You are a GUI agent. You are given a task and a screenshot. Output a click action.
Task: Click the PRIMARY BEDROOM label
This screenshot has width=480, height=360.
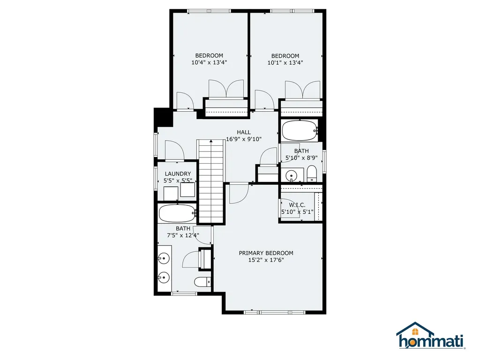click(266, 253)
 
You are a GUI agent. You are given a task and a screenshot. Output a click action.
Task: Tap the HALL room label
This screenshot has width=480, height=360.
click(244, 132)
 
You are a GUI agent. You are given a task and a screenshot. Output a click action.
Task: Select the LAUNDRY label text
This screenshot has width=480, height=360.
click(178, 174)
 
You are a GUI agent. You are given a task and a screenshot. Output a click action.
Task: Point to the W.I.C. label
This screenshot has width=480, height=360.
click(297, 205)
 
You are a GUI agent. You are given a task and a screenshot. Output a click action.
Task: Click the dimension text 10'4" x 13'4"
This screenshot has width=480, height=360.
click(209, 63)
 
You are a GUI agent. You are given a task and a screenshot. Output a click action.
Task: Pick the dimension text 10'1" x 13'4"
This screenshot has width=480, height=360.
click(285, 63)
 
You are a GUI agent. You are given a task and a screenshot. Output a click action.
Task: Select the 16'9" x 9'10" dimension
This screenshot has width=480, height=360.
click(244, 139)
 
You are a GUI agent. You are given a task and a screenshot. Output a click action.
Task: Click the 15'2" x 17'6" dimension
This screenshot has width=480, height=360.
click(266, 260)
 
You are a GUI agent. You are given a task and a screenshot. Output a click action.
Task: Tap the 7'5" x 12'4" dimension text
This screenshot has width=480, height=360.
click(183, 235)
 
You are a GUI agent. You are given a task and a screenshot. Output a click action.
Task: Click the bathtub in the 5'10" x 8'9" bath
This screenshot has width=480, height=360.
click(300, 131)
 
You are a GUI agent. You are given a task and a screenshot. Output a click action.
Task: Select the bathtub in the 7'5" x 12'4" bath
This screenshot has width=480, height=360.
click(178, 213)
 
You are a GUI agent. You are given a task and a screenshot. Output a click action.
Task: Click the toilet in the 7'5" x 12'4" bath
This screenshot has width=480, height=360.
click(202, 282)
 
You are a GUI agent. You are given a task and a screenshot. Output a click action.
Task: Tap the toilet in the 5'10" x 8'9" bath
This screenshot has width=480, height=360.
click(312, 173)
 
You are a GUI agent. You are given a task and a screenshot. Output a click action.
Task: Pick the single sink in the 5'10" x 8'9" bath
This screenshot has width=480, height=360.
click(291, 176)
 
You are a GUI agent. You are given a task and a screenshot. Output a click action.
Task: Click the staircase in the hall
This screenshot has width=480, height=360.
click(210, 181)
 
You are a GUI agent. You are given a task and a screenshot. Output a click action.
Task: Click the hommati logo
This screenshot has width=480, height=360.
click(431, 336)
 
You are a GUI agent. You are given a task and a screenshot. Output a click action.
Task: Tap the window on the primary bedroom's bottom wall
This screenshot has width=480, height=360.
click(275, 312)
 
